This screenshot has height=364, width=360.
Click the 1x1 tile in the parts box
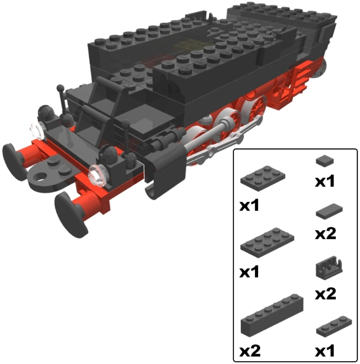[x=325, y=161]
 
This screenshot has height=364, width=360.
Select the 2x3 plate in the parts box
[x=263, y=178]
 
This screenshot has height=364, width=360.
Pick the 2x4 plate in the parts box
[x=267, y=243]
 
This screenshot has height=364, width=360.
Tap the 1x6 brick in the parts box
[x=272, y=315]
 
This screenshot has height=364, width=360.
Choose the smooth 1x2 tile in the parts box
[x=329, y=211]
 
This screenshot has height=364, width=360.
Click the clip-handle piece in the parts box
[x=329, y=268]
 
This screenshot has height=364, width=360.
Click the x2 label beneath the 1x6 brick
[x=250, y=350]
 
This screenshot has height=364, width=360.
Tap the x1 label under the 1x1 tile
[x=325, y=181]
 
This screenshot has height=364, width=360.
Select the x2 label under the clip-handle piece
[x=325, y=294]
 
